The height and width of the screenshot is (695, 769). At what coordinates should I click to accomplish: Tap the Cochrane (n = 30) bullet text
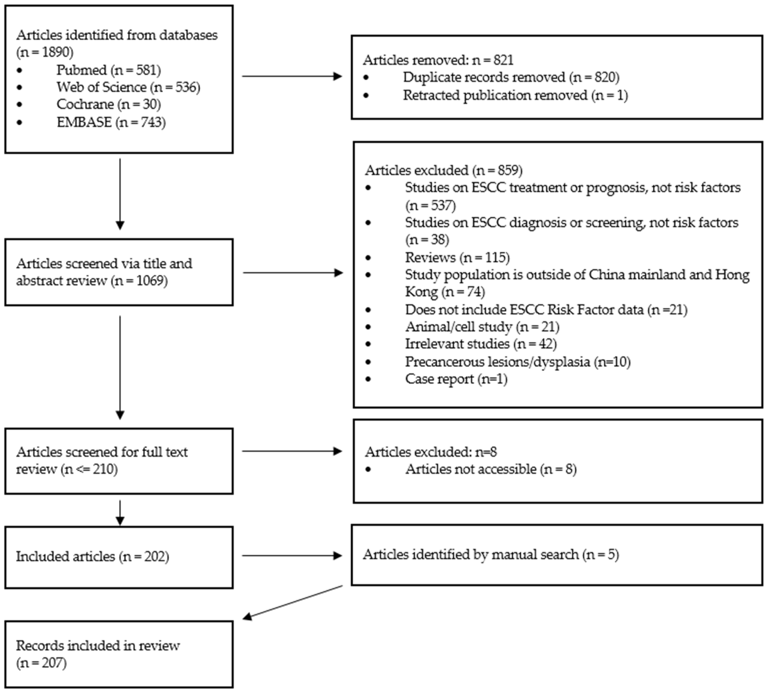(109, 104)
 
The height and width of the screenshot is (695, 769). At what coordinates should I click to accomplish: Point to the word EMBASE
(84, 122)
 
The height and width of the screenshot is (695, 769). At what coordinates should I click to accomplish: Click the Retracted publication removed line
(515, 95)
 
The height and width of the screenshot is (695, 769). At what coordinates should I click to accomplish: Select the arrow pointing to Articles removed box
(292, 76)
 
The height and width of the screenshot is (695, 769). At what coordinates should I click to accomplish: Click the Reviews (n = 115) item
(457, 257)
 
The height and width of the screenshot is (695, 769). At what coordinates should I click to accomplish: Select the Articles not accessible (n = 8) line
(491, 469)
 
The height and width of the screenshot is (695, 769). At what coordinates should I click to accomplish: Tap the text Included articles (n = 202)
(92, 556)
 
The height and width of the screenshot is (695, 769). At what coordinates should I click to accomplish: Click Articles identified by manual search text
(491, 555)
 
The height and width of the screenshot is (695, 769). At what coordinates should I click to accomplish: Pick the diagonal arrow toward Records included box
(293, 602)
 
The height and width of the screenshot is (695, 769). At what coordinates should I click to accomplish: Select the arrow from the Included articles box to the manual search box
(292, 556)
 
